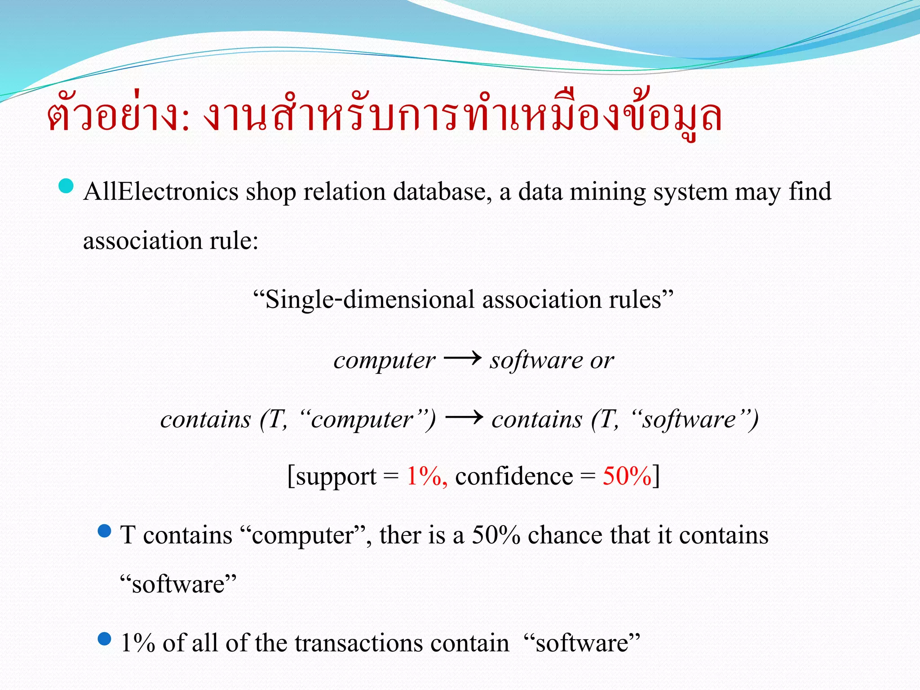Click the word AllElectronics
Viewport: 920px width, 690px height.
[160, 192]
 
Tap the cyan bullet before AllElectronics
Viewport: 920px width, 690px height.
[66, 186]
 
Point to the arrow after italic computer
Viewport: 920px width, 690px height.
[462, 358]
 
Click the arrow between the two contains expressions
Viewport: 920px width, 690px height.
[464, 418]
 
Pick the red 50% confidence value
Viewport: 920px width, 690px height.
[627, 476]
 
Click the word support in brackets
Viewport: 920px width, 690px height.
[336, 477]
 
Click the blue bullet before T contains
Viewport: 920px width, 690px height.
[104, 531]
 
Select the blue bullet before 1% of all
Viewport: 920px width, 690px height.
[104, 639]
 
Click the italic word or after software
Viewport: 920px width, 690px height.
[602, 360]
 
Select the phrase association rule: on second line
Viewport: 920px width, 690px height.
[171, 241]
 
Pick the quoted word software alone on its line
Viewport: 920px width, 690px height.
[178, 584]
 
